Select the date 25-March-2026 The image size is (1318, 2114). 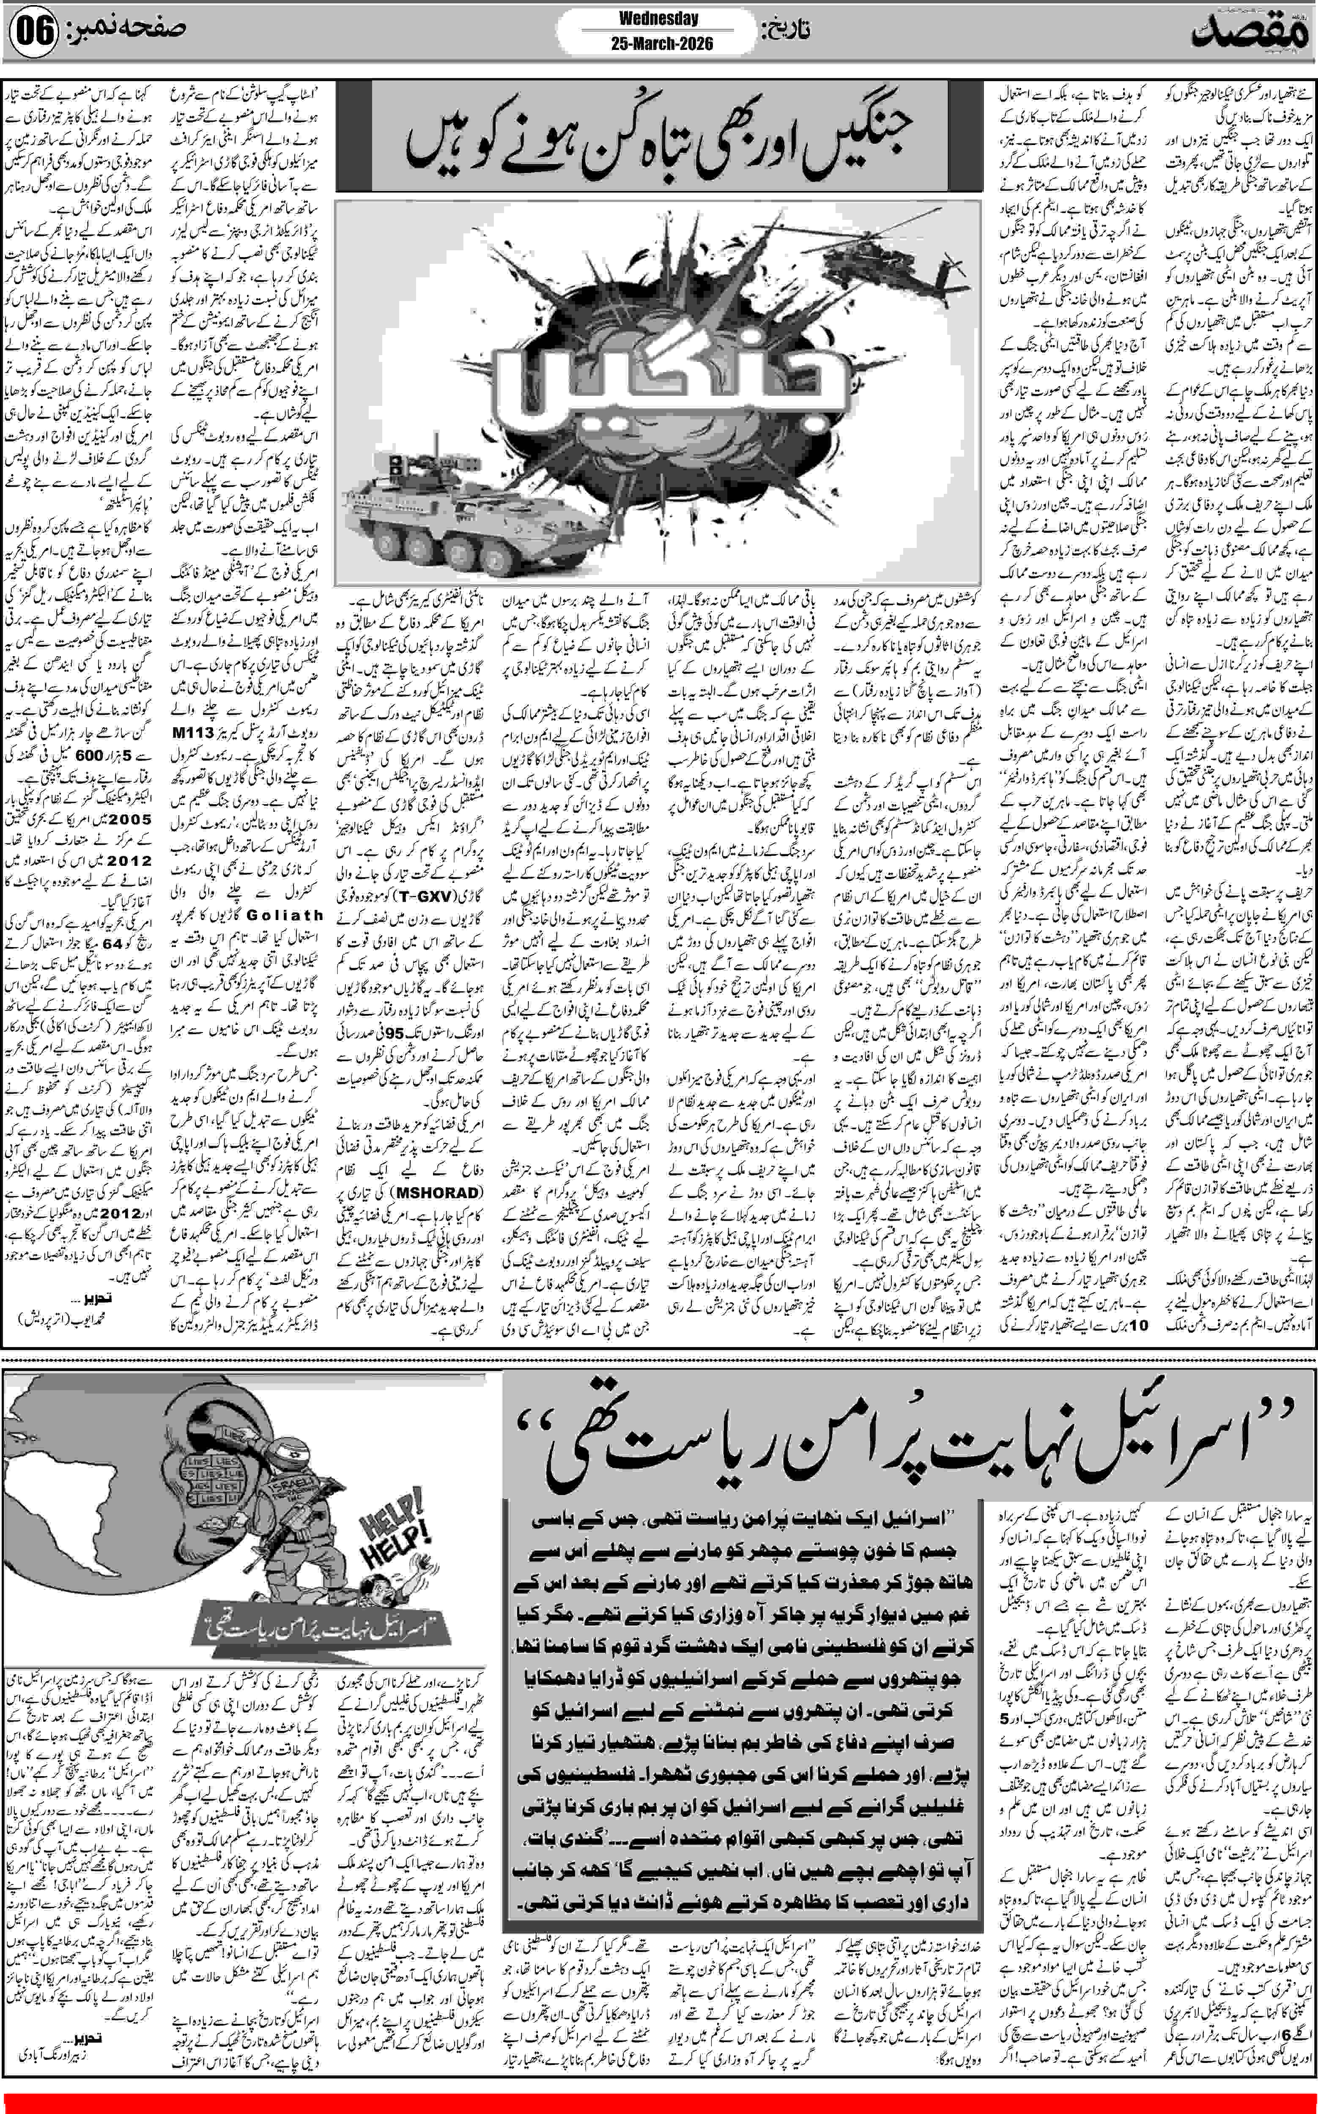658,43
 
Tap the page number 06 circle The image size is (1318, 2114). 33,33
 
